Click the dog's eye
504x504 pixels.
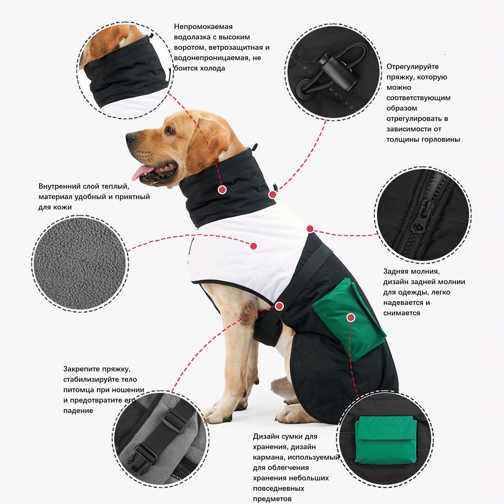(170, 129)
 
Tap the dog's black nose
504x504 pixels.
(130, 137)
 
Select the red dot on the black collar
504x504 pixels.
(222, 190)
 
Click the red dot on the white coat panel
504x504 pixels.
(253, 246)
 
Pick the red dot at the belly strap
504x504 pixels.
(279, 306)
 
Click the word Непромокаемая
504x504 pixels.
(203, 27)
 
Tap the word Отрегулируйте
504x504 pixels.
(412, 67)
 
